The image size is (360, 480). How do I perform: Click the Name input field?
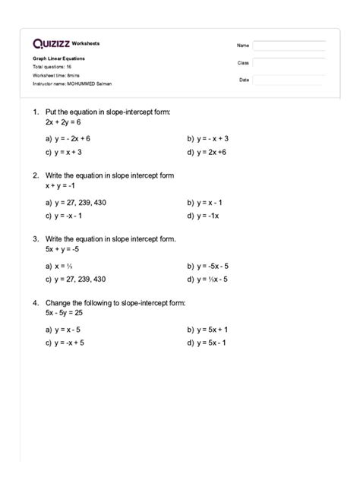pos(288,46)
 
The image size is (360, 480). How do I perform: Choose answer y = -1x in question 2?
pos(208,215)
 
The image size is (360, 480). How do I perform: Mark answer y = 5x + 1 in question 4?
pos(212,330)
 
